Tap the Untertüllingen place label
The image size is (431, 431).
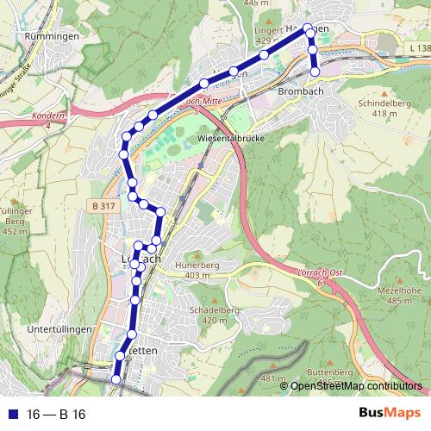pyautogui.click(x=59, y=330)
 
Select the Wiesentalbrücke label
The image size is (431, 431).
pyautogui.click(x=229, y=138)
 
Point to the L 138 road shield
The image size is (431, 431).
pyautogui.click(x=418, y=47)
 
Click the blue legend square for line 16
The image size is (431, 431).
pyautogui.click(x=14, y=415)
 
